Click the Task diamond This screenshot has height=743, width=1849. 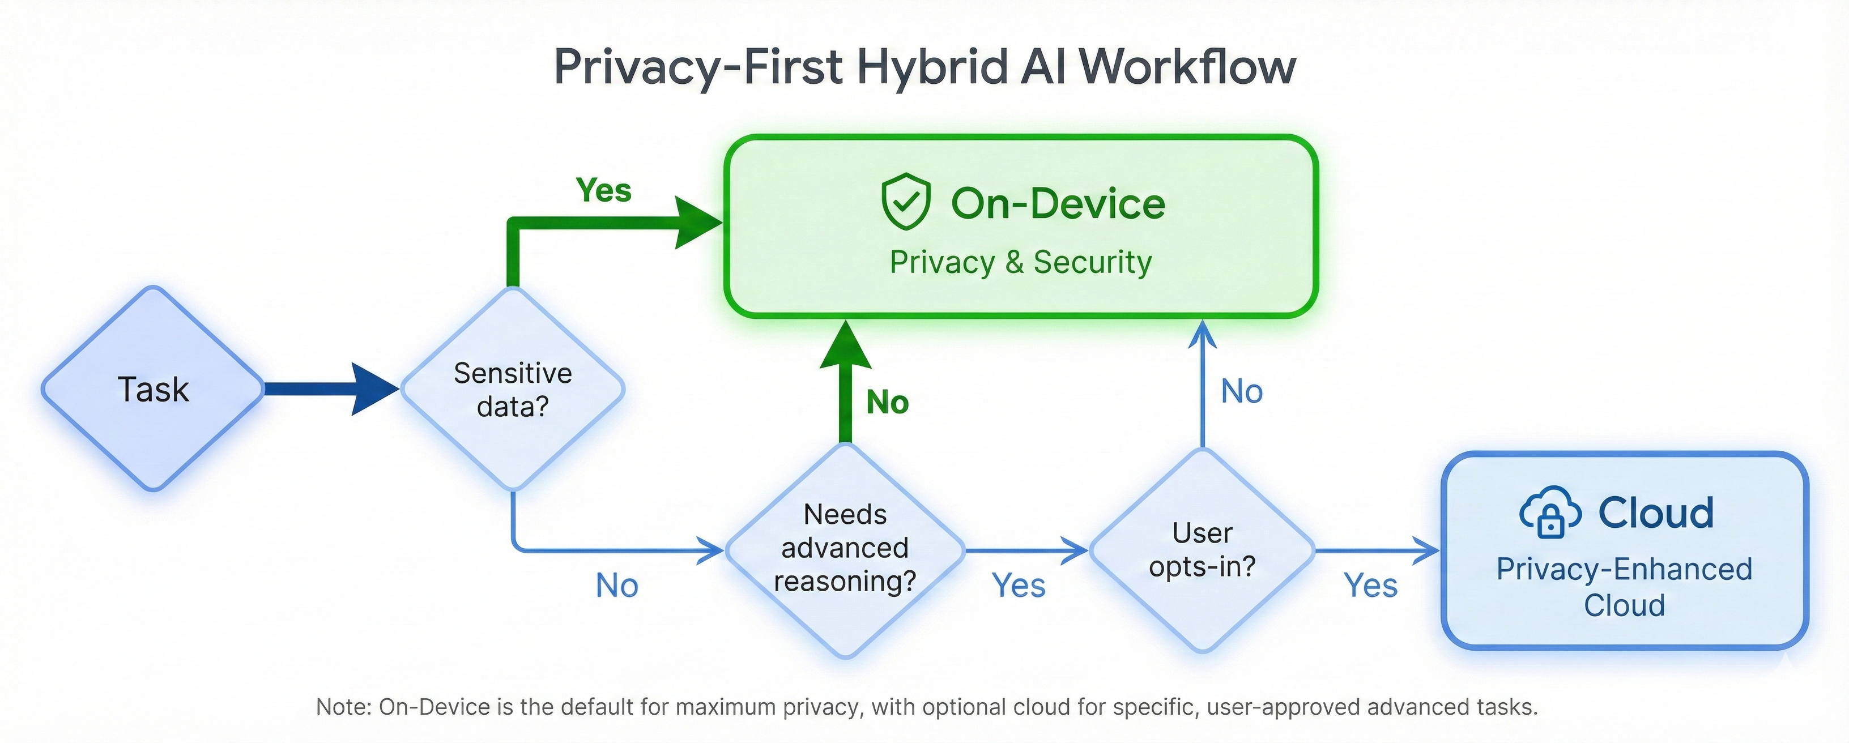pyautogui.click(x=153, y=389)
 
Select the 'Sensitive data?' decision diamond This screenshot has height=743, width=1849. pyautogui.click(x=513, y=390)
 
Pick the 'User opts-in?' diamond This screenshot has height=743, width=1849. pyautogui.click(x=1202, y=550)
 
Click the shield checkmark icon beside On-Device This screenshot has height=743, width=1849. pyautogui.click(x=906, y=202)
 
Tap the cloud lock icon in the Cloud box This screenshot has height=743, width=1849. pyautogui.click(x=1550, y=513)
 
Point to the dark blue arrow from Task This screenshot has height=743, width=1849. pyautogui.click(x=330, y=389)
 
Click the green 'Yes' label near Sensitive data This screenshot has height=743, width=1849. pyautogui.click(x=604, y=190)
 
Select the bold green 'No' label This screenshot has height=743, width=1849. pyautogui.click(x=887, y=402)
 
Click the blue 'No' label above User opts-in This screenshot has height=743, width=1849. pyautogui.click(x=1242, y=392)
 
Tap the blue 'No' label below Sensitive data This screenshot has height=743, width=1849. pyautogui.click(x=616, y=586)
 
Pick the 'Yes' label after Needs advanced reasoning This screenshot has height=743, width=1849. pyautogui.click(x=1019, y=586)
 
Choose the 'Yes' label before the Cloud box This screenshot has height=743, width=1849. pyautogui.click(x=1370, y=586)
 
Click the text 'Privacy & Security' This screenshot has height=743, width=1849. pyautogui.click(x=1021, y=262)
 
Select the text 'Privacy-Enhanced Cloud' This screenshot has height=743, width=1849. pyautogui.click(x=1624, y=587)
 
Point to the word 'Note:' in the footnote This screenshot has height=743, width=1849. pyautogui.click(x=344, y=707)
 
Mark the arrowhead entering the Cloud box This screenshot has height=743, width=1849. pyautogui.click(x=1426, y=550)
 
